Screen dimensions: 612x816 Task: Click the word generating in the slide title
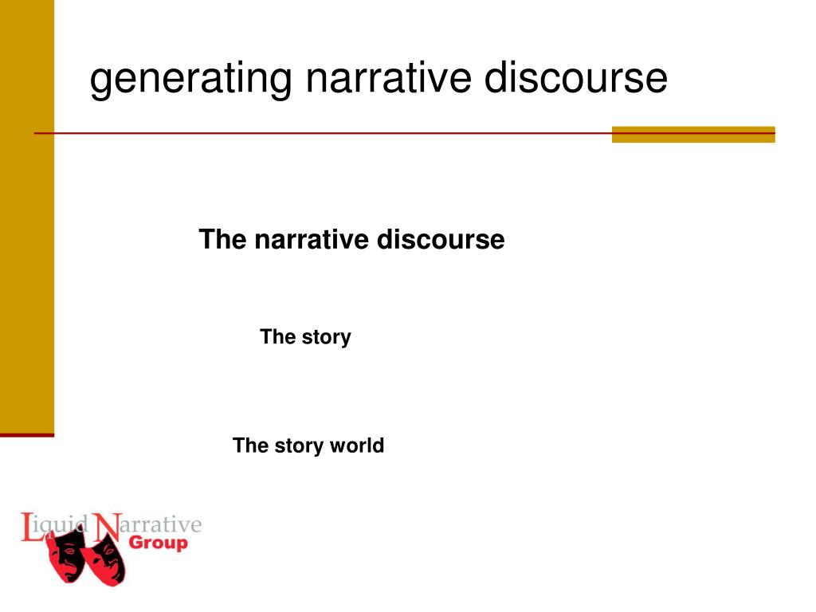coord(190,80)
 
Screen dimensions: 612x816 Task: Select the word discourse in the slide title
coord(576,79)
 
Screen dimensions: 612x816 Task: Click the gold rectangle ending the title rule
coord(692,134)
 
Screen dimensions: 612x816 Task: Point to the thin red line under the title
coord(319,133)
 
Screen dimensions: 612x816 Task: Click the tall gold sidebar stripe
coord(27,215)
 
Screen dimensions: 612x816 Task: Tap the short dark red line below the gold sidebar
coord(27,435)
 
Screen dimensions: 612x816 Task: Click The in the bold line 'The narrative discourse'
coord(223,239)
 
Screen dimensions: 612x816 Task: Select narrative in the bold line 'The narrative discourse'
coord(312,239)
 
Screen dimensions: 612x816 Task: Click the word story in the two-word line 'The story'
coord(327,337)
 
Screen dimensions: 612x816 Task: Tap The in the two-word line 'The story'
coord(277,337)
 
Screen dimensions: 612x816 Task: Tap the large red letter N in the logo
coord(104,528)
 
